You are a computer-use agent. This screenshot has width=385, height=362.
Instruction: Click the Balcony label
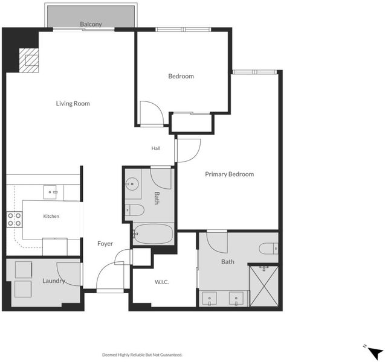[x=91, y=24]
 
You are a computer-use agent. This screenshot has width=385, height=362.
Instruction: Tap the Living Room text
[x=73, y=103]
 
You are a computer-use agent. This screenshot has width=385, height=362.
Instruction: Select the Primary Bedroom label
[x=229, y=174]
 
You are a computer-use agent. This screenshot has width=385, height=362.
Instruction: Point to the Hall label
[x=156, y=148]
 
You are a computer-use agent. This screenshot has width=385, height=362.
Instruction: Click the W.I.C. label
[x=161, y=282]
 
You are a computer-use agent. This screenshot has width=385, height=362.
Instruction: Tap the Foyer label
[x=105, y=244]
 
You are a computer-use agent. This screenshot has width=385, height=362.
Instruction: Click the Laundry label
[x=54, y=281]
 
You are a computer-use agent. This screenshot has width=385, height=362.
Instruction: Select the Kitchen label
[x=51, y=216]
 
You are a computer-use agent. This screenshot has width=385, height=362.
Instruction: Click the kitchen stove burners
[x=15, y=220]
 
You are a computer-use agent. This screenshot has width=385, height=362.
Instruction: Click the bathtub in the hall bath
[x=154, y=234]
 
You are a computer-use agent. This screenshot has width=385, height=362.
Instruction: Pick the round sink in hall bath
[x=132, y=183]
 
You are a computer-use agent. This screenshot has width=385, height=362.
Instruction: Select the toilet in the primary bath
[x=268, y=249]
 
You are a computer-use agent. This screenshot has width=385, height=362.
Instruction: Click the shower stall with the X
[x=264, y=286]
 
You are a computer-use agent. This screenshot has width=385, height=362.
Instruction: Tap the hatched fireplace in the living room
[x=29, y=60]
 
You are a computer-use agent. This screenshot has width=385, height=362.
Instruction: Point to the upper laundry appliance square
[x=24, y=270]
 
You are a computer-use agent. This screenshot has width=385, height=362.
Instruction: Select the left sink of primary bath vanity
[x=210, y=299]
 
